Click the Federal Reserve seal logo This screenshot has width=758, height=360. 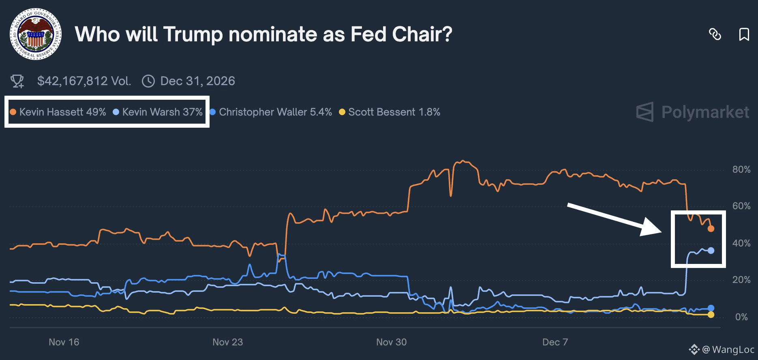(x=36, y=34)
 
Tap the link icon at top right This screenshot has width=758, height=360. (x=715, y=34)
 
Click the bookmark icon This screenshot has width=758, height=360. (x=744, y=34)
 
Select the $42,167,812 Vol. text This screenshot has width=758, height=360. (x=84, y=81)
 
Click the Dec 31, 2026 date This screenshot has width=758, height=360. (x=197, y=81)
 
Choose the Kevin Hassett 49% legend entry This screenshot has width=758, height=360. (x=58, y=112)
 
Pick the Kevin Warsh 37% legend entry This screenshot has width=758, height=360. (x=158, y=112)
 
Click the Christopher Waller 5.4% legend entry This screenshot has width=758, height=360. (x=271, y=112)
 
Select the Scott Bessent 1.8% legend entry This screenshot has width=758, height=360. (x=390, y=112)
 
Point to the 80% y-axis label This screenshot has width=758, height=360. (x=741, y=169)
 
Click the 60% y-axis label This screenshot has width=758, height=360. (x=741, y=206)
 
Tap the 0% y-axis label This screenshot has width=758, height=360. (x=741, y=317)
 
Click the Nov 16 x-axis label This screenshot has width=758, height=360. (x=64, y=342)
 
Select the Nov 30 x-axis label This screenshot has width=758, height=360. (x=391, y=342)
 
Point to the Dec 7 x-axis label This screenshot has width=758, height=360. (x=555, y=342)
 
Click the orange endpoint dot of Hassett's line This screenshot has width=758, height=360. (x=711, y=229)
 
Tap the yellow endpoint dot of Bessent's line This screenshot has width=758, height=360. (x=711, y=315)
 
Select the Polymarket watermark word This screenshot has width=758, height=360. (x=705, y=112)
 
